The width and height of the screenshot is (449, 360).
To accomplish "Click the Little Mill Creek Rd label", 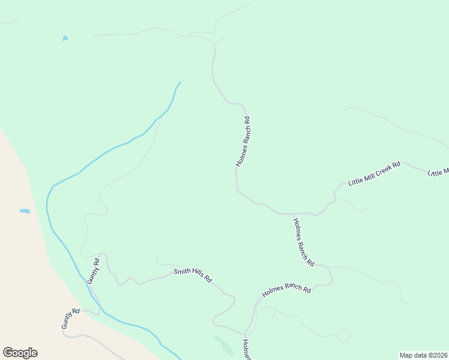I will [374, 173].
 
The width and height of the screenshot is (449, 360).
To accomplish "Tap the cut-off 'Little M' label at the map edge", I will [438, 173].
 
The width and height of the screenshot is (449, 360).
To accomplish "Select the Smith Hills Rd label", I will [193, 275].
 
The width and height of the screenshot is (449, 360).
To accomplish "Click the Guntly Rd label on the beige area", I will [70, 319].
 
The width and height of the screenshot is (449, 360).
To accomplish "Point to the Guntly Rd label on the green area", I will [93, 271].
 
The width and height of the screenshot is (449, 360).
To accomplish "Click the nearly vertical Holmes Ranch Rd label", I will [243, 142].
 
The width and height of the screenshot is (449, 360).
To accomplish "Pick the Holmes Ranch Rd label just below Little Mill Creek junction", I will [303, 242].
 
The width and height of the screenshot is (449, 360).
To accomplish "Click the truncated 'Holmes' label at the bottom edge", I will [246, 350].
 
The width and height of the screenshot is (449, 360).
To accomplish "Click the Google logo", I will [20, 353].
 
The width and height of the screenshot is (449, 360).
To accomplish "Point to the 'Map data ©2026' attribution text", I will [423, 355].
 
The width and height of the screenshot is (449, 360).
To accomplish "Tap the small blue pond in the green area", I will [65, 39].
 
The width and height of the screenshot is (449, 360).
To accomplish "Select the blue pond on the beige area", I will [25, 211].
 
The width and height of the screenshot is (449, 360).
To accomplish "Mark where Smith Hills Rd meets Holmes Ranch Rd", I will [245, 334].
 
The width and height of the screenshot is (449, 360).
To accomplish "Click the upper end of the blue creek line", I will [180, 82].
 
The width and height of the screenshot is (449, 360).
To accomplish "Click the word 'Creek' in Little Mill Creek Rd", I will [382, 170].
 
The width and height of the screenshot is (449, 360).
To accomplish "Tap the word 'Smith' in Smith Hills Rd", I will [182, 272].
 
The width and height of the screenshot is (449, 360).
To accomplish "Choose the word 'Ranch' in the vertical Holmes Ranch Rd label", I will [244, 139].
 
